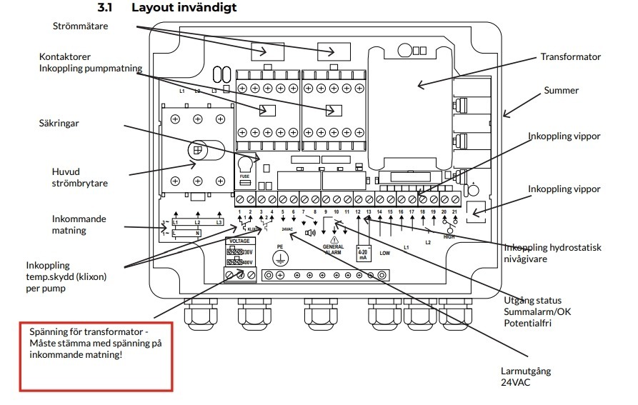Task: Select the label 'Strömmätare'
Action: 79,26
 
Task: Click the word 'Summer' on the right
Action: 561,91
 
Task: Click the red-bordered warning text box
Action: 96,355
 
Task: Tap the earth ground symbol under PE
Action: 281,259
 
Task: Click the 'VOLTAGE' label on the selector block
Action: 238,241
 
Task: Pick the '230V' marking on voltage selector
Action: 246,252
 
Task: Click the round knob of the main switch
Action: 198,150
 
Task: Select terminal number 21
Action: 454,213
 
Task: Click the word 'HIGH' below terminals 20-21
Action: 449,236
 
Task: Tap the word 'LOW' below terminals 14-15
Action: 384,253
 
